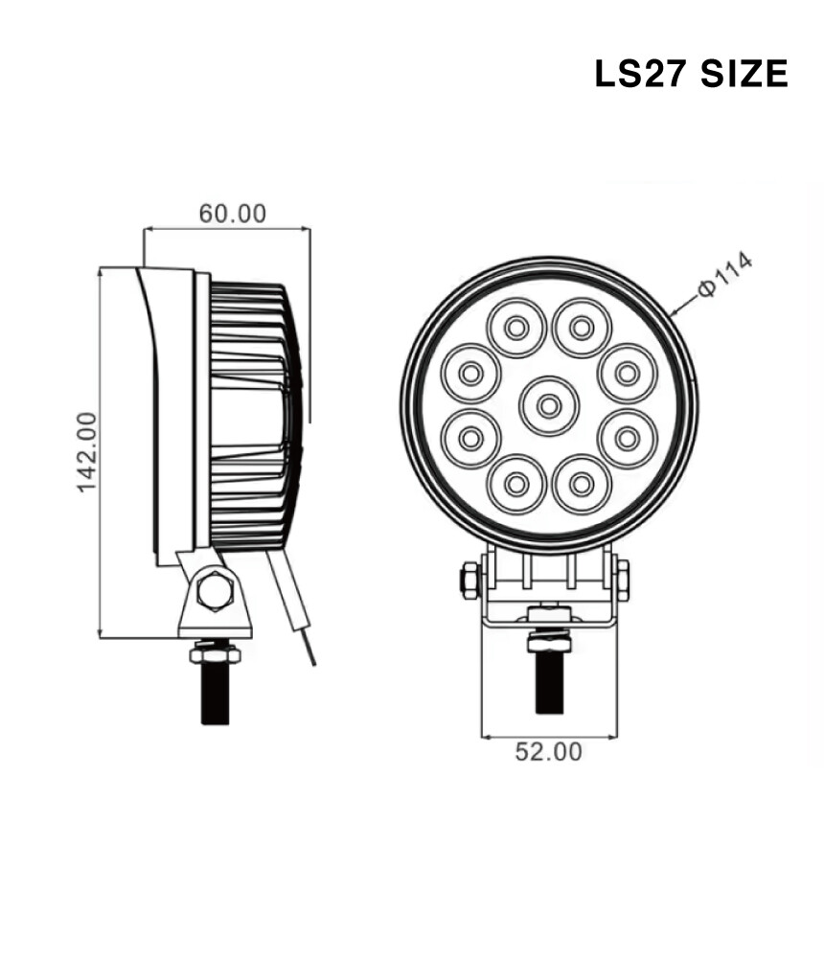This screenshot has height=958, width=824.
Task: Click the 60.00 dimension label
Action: [233, 214]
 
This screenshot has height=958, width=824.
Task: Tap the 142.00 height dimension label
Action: [87, 452]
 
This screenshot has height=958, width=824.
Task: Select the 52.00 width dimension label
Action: [548, 751]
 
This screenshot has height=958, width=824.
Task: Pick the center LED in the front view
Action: [549, 406]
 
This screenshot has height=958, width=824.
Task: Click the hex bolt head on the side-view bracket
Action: [216, 590]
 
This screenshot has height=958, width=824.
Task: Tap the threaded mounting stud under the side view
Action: [216, 694]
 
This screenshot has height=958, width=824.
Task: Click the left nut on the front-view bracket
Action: [470, 581]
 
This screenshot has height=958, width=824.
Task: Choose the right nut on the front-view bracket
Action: [623, 581]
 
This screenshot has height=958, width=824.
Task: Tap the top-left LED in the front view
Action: [516, 328]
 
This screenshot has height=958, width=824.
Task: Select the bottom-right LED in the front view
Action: [582, 485]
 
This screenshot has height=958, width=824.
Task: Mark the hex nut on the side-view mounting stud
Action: [216, 654]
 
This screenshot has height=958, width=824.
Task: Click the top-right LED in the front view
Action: [582, 328]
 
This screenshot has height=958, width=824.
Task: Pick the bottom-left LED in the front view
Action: [516, 485]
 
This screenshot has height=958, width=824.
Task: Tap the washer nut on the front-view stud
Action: [549, 642]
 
